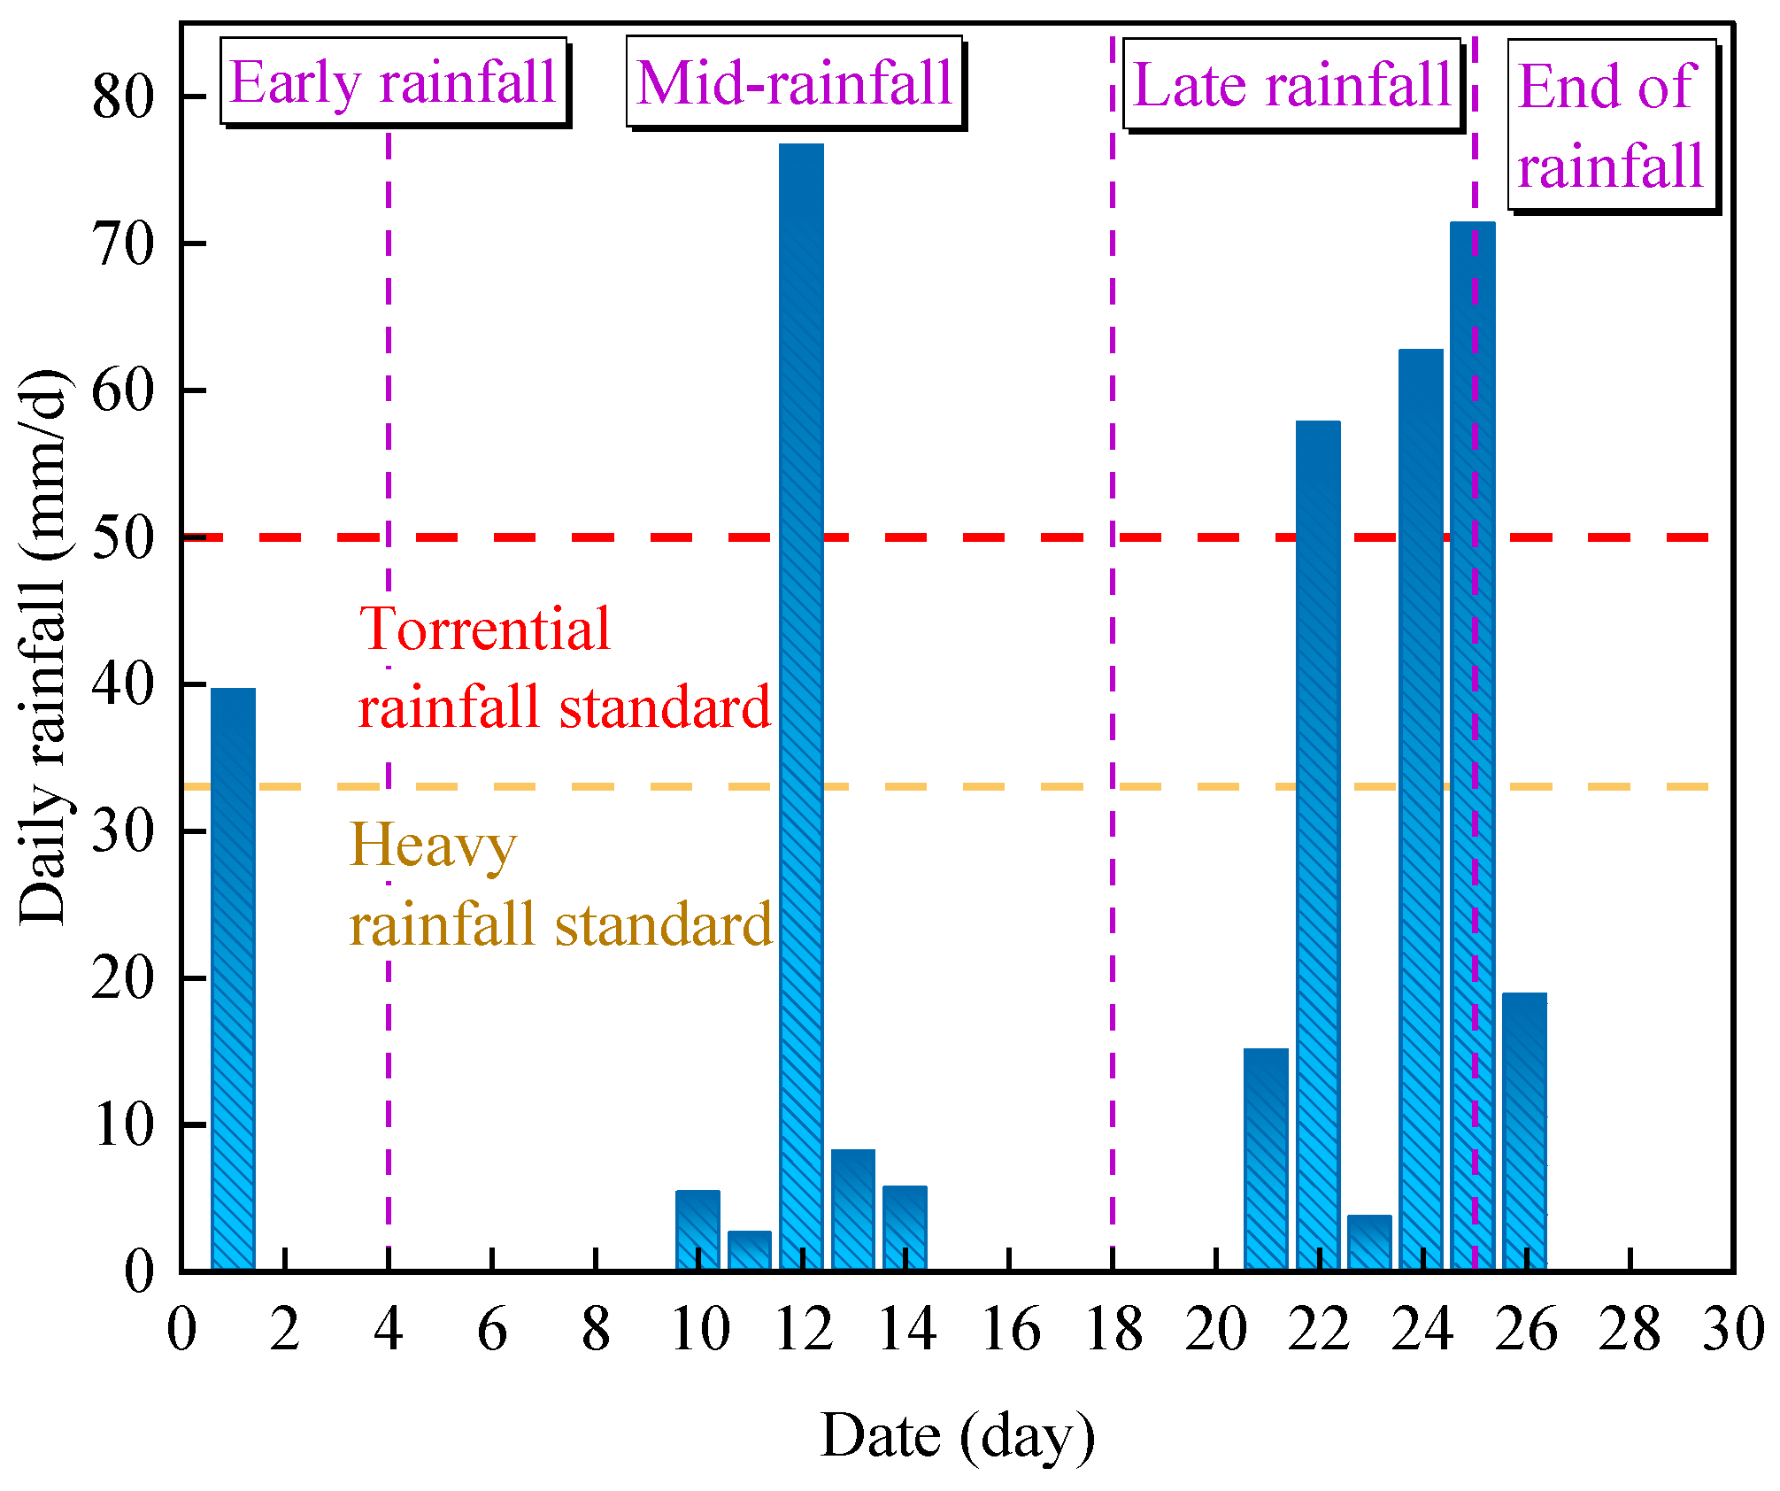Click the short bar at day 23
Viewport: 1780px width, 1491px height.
(x=1369, y=1243)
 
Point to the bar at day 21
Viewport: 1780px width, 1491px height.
(x=1266, y=1160)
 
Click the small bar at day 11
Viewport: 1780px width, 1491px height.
(x=749, y=1250)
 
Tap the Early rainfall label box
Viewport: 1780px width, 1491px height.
(x=393, y=81)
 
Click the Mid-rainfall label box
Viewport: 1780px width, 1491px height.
(x=794, y=81)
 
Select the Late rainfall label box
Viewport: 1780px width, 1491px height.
(x=1292, y=84)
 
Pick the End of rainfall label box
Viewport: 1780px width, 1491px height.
(x=1611, y=125)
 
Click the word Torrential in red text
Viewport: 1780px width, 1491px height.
(x=485, y=629)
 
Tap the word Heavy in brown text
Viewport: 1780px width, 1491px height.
(x=433, y=845)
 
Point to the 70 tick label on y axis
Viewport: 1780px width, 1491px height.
(x=124, y=244)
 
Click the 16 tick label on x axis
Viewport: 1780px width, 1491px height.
(x=1010, y=1330)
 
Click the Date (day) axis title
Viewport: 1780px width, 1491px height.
(x=958, y=1435)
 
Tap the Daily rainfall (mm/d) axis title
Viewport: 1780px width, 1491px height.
(x=42, y=646)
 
